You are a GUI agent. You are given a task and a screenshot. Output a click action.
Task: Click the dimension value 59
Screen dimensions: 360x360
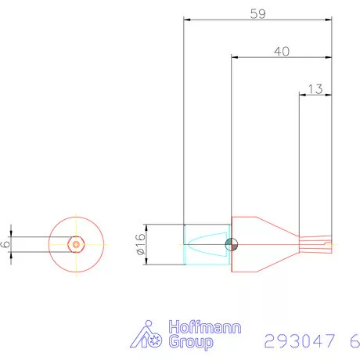click(x=256, y=13)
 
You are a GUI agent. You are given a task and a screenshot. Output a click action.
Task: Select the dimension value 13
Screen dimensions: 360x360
click(x=315, y=89)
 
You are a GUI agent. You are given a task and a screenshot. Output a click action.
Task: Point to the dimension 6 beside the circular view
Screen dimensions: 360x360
click(x=6, y=244)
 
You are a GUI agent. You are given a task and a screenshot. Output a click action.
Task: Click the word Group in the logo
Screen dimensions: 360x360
click(x=188, y=344)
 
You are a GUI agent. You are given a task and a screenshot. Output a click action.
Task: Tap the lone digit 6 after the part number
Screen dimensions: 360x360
click(x=355, y=341)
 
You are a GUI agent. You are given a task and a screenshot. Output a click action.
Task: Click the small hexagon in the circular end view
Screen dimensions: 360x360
click(x=76, y=244)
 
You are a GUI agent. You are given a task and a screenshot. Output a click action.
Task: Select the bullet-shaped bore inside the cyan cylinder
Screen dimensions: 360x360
click(x=208, y=244)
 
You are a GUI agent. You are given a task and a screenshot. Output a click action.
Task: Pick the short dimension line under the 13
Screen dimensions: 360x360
click(x=315, y=95)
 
